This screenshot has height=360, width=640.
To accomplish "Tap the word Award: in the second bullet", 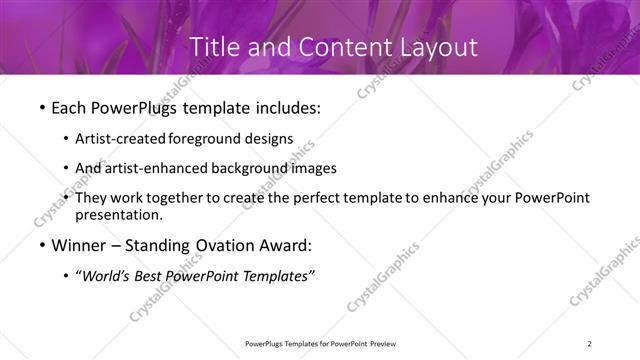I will point(291,245).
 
